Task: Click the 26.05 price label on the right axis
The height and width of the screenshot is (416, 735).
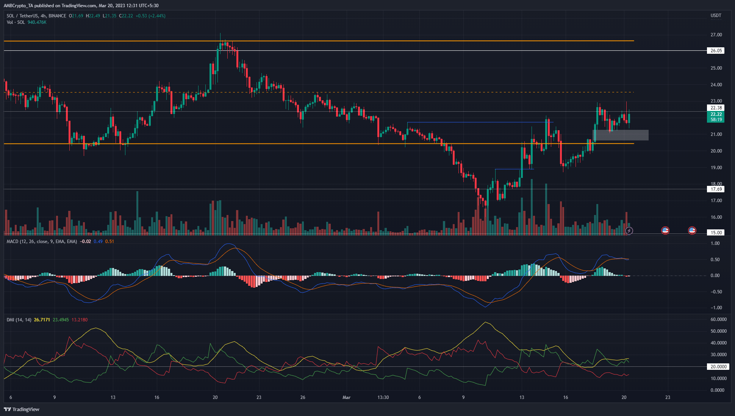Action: [x=716, y=51]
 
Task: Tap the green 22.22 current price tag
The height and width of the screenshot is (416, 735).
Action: [x=716, y=114]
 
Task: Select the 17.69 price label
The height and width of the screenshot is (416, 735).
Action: [x=716, y=189]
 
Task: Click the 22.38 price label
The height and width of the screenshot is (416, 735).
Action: [x=716, y=108]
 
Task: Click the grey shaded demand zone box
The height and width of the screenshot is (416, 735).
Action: [x=620, y=135]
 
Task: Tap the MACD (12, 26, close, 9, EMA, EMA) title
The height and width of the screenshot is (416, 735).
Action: [x=42, y=241]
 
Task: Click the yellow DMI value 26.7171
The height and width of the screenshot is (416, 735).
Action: [x=42, y=320]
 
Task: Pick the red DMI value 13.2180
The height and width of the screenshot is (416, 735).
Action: [x=80, y=320]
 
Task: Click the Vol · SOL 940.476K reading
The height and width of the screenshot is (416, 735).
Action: [x=27, y=22]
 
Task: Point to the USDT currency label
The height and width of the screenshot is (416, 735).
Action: [x=716, y=16]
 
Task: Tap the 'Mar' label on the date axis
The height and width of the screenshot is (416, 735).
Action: [x=346, y=397]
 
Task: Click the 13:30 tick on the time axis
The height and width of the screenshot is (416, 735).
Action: [x=383, y=397]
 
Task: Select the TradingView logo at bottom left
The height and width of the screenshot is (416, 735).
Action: [x=22, y=409]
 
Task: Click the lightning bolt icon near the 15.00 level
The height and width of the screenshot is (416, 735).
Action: [x=629, y=231]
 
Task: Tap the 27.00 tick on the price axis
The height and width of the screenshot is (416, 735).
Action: [x=716, y=35]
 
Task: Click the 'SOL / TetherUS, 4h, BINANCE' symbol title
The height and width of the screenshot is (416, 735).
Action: [x=36, y=16]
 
